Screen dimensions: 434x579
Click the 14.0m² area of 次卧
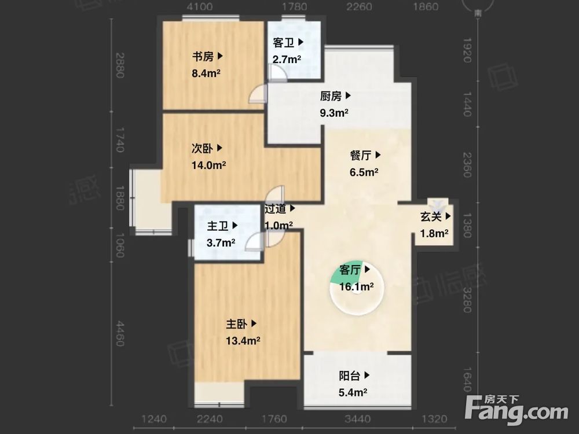tap(208, 165)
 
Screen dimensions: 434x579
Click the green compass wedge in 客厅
tap(342, 274)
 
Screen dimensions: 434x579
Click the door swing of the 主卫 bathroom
tap(255, 241)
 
